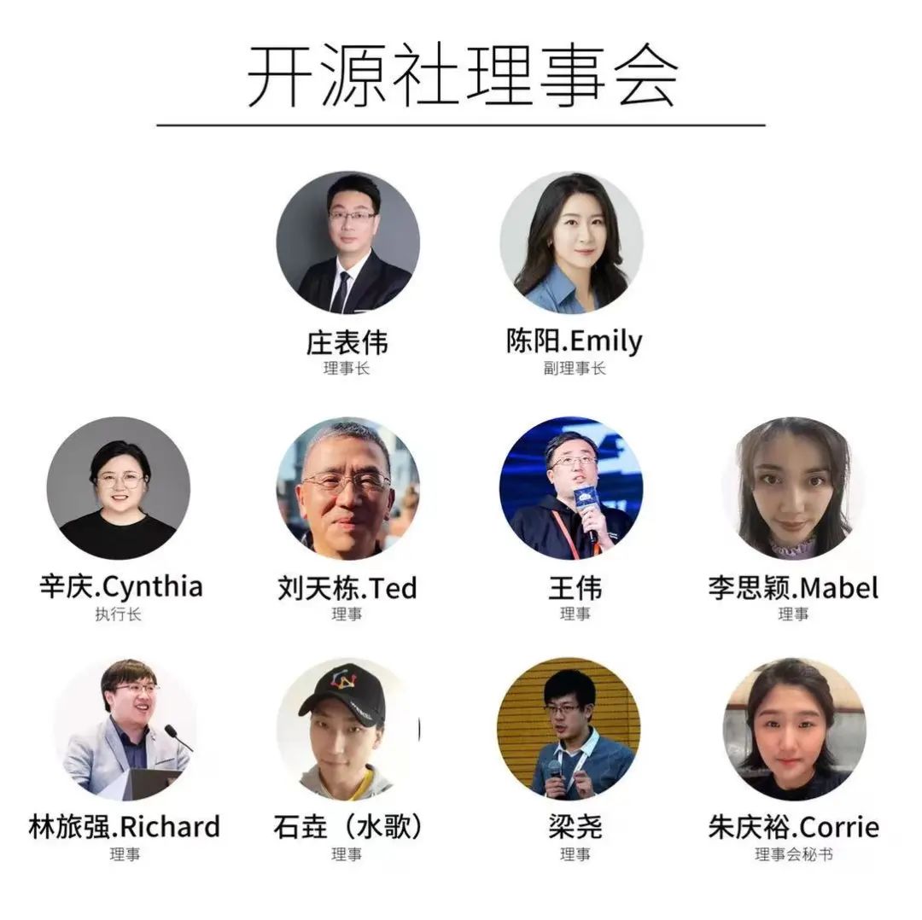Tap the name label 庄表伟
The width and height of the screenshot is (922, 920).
[x=347, y=342]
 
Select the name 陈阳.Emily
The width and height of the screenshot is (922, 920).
[x=574, y=341]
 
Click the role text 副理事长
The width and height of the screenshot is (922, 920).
[x=574, y=369]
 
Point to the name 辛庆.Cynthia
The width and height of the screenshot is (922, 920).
[x=120, y=587]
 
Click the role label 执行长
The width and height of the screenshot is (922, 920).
[x=119, y=614]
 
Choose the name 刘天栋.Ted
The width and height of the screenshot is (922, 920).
[x=347, y=588]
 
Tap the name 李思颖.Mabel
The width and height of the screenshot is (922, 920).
[x=793, y=588]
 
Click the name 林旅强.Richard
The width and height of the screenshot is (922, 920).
[x=125, y=827]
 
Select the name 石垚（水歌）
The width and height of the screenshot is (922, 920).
[x=347, y=827]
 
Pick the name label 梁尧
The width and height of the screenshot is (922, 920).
[x=575, y=827]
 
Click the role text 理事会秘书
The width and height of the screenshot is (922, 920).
[x=793, y=854]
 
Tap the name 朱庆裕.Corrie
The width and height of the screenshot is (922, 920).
[x=793, y=827]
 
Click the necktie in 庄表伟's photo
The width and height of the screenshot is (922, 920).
[x=341, y=291]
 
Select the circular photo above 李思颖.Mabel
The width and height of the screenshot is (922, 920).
[x=793, y=488]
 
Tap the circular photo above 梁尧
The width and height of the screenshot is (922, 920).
[x=569, y=728]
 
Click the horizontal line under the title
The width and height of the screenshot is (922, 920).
[x=461, y=125]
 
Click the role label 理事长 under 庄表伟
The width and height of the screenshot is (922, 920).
[x=347, y=369]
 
